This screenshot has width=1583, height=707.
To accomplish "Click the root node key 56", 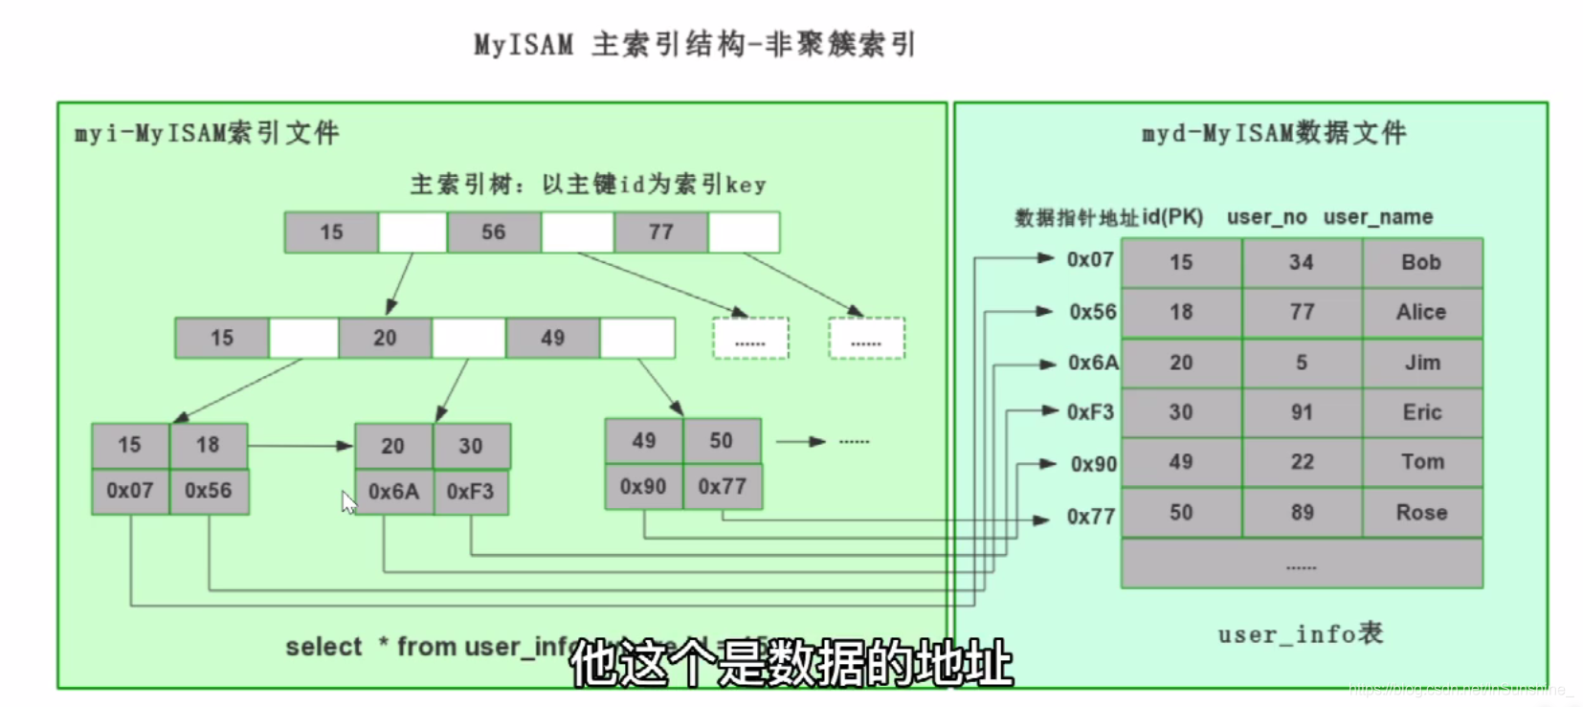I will (x=494, y=232).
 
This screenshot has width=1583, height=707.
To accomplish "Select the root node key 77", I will (x=661, y=232).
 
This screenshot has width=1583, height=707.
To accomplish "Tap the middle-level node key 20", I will (x=385, y=339).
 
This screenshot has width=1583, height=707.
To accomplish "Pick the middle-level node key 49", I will (x=552, y=339).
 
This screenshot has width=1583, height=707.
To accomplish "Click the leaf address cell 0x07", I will (x=130, y=491).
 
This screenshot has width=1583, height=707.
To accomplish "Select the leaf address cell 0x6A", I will (x=393, y=492).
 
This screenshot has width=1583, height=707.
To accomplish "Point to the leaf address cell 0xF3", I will (x=470, y=492).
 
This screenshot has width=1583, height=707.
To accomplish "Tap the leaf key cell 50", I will (x=722, y=440).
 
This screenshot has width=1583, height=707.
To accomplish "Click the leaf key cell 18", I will (x=208, y=445).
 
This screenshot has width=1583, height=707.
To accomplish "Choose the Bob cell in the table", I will (x=1421, y=262).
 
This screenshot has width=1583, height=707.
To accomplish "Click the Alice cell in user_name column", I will (x=1421, y=312).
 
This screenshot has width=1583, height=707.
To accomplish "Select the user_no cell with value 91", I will (x=1302, y=412).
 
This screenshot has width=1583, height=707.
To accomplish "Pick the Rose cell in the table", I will (x=1421, y=513).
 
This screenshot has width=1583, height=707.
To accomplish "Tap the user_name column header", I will (x=1378, y=217).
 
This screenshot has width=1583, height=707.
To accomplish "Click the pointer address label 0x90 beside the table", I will (x=1093, y=464).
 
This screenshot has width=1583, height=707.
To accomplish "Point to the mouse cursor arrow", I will (x=347, y=501).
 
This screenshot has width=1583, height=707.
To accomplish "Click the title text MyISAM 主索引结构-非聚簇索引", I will (x=695, y=44).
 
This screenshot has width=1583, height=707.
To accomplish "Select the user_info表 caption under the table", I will (x=1300, y=633).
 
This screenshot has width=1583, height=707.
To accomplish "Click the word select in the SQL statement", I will (x=323, y=648).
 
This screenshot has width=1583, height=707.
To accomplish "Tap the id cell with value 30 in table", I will (x=1181, y=412).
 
